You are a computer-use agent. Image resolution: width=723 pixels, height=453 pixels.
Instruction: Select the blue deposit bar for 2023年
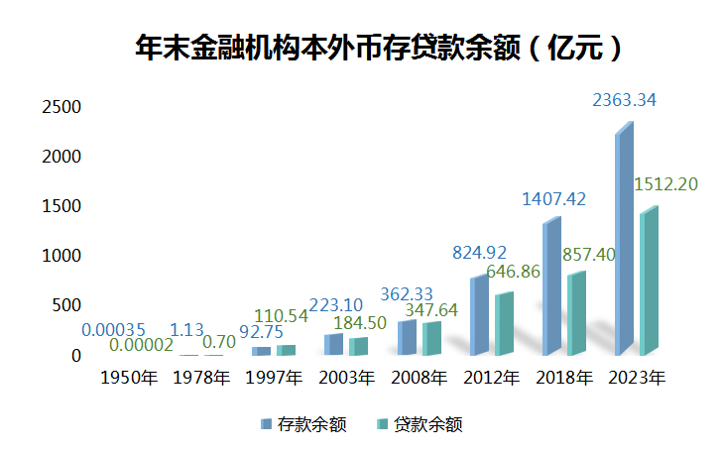click(623, 243)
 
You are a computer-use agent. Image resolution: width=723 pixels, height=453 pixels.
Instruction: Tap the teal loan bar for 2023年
click(648, 283)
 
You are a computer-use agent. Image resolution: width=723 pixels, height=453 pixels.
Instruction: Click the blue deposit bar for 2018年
click(551, 287)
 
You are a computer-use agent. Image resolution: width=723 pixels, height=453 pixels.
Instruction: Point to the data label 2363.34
click(624, 100)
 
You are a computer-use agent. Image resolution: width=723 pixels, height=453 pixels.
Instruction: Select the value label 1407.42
click(554, 199)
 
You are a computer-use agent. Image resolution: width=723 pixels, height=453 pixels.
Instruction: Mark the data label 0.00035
click(112, 329)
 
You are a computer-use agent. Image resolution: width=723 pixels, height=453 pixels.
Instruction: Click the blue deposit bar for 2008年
click(406, 337)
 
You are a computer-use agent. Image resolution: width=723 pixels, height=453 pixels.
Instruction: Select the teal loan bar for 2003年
click(358, 346)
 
